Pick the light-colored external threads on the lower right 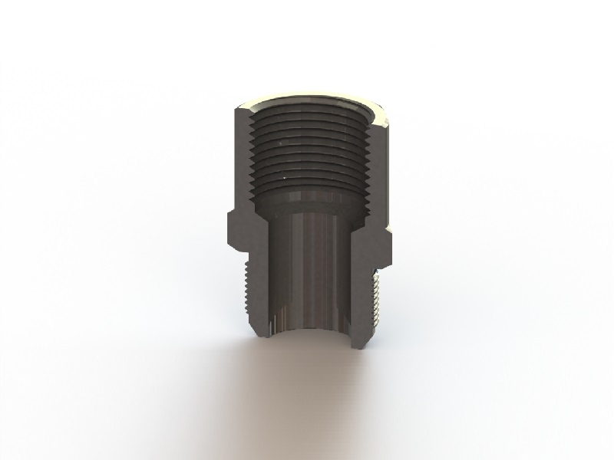(x=375, y=295)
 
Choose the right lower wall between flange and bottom (x=360, y=295)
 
